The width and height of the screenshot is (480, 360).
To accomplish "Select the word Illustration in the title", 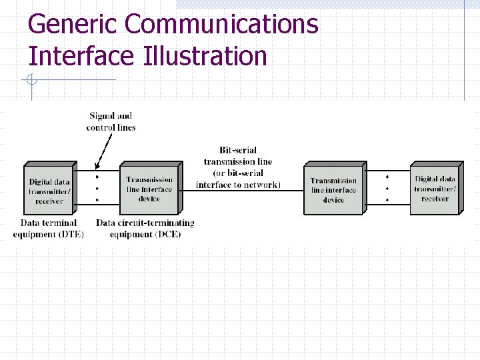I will pyautogui.click(x=205, y=56).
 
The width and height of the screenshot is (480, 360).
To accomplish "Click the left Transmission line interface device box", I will pyautogui.click(x=149, y=189).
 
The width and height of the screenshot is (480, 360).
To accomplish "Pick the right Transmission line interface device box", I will pyautogui.click(x=333, y=190).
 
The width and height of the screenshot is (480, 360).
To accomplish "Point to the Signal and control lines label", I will pyautogui.click(x=111, y=121).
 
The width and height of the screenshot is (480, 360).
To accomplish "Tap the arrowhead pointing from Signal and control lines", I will pyautogui.click(x=98, y=167).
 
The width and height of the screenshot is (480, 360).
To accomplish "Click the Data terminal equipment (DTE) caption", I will pyautogui.click(x=49, y=228).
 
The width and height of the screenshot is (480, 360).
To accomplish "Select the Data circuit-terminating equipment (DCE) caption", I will pyautogui.click(x=145, y=228).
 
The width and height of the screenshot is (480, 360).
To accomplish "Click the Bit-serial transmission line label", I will pyautogui.click(x=238, y=156).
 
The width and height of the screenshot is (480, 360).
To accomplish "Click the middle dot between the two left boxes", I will pyautogui.click(x=97, y=189).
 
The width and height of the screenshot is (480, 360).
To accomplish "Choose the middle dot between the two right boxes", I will pyautogui.click(x=387, y=188).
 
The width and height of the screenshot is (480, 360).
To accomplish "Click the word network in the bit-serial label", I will pyautogui.click(x=258, y=185).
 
